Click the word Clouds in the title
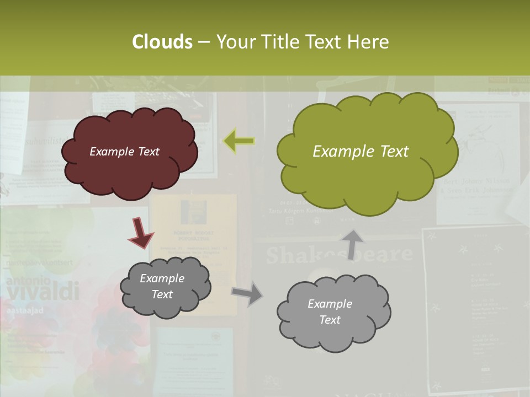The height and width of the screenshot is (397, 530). click(162, 42)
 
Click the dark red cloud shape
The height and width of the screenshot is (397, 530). click(129, 153)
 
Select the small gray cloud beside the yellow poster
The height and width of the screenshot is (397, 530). click(165, 286)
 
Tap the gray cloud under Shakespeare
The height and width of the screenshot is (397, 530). click(333, 312)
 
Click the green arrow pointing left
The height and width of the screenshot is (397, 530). click(239, 141)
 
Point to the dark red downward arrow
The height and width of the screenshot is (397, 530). click(141, 233)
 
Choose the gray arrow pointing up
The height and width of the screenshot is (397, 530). click(352, 244)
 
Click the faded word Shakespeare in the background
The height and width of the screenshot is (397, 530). click(339, 255)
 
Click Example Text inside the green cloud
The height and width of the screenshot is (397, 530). click(361, 152)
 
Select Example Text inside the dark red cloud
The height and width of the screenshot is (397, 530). click(124, 152)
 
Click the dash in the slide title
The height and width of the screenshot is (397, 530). click(204, 42)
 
